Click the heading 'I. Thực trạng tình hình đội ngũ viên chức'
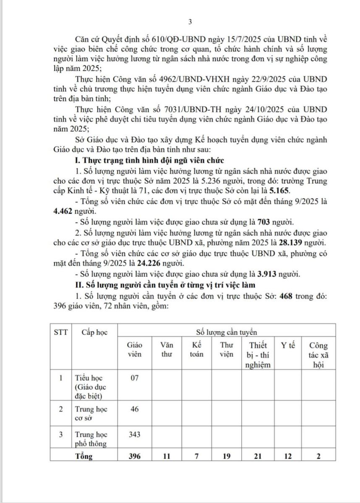click(149, 161)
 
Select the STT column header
click(60, 332)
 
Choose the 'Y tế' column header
click(288, 345)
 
